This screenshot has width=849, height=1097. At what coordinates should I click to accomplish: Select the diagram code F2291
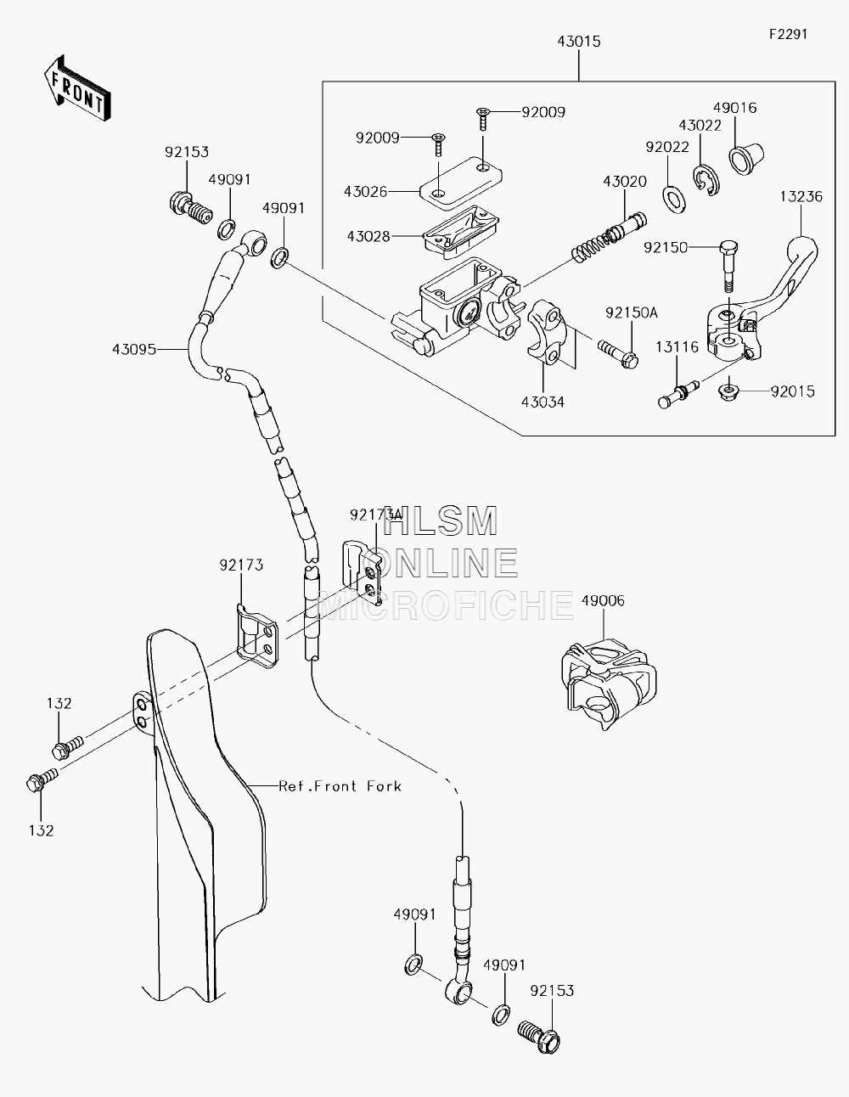tap(789, 34)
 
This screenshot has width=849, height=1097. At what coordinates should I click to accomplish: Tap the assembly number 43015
tap(578, 42)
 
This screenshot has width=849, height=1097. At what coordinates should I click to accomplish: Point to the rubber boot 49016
tap(746, 159)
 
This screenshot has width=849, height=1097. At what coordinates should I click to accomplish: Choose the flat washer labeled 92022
tap(674, 200)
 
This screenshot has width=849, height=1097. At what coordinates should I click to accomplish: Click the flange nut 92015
tap(728, 391)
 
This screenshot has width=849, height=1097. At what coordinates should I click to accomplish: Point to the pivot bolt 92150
tap(728, 267)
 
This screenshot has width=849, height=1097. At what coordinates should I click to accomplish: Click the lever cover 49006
tap(609, 684)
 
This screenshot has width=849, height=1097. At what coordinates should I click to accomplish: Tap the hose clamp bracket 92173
tap(257, 637)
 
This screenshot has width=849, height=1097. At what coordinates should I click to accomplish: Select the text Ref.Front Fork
tap(340, 786)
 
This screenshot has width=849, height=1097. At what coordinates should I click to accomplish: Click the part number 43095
tap(134, 349)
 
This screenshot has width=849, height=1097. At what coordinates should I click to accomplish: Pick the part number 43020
tap(625, 181)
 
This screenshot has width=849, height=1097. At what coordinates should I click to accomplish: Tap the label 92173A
tap(375, 515)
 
